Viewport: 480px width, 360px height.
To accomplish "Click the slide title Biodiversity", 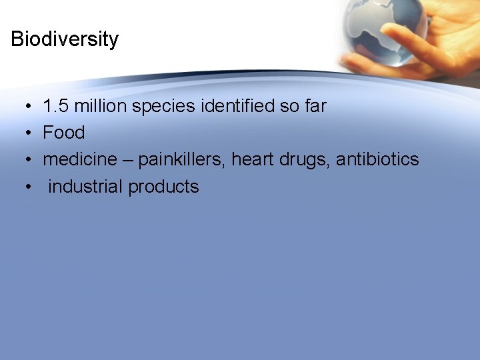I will tap(65, 39).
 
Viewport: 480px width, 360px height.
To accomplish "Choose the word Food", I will tap(64, 133).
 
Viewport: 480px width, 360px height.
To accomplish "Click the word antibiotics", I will tap(377, 160).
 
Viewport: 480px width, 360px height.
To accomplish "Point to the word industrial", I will tap(85, 187).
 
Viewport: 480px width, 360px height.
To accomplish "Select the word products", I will tap(164, 187).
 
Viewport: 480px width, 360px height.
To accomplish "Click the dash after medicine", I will tap(131, 161).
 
